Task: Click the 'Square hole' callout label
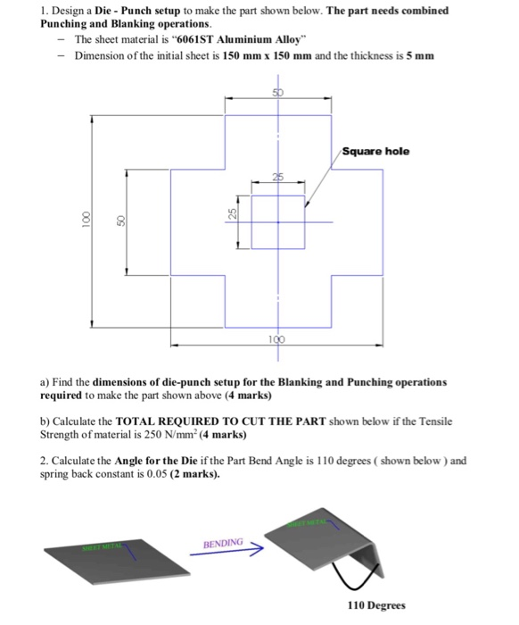[375, 151]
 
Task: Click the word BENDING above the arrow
[222, 542]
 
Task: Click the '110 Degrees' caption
[375, 605]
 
